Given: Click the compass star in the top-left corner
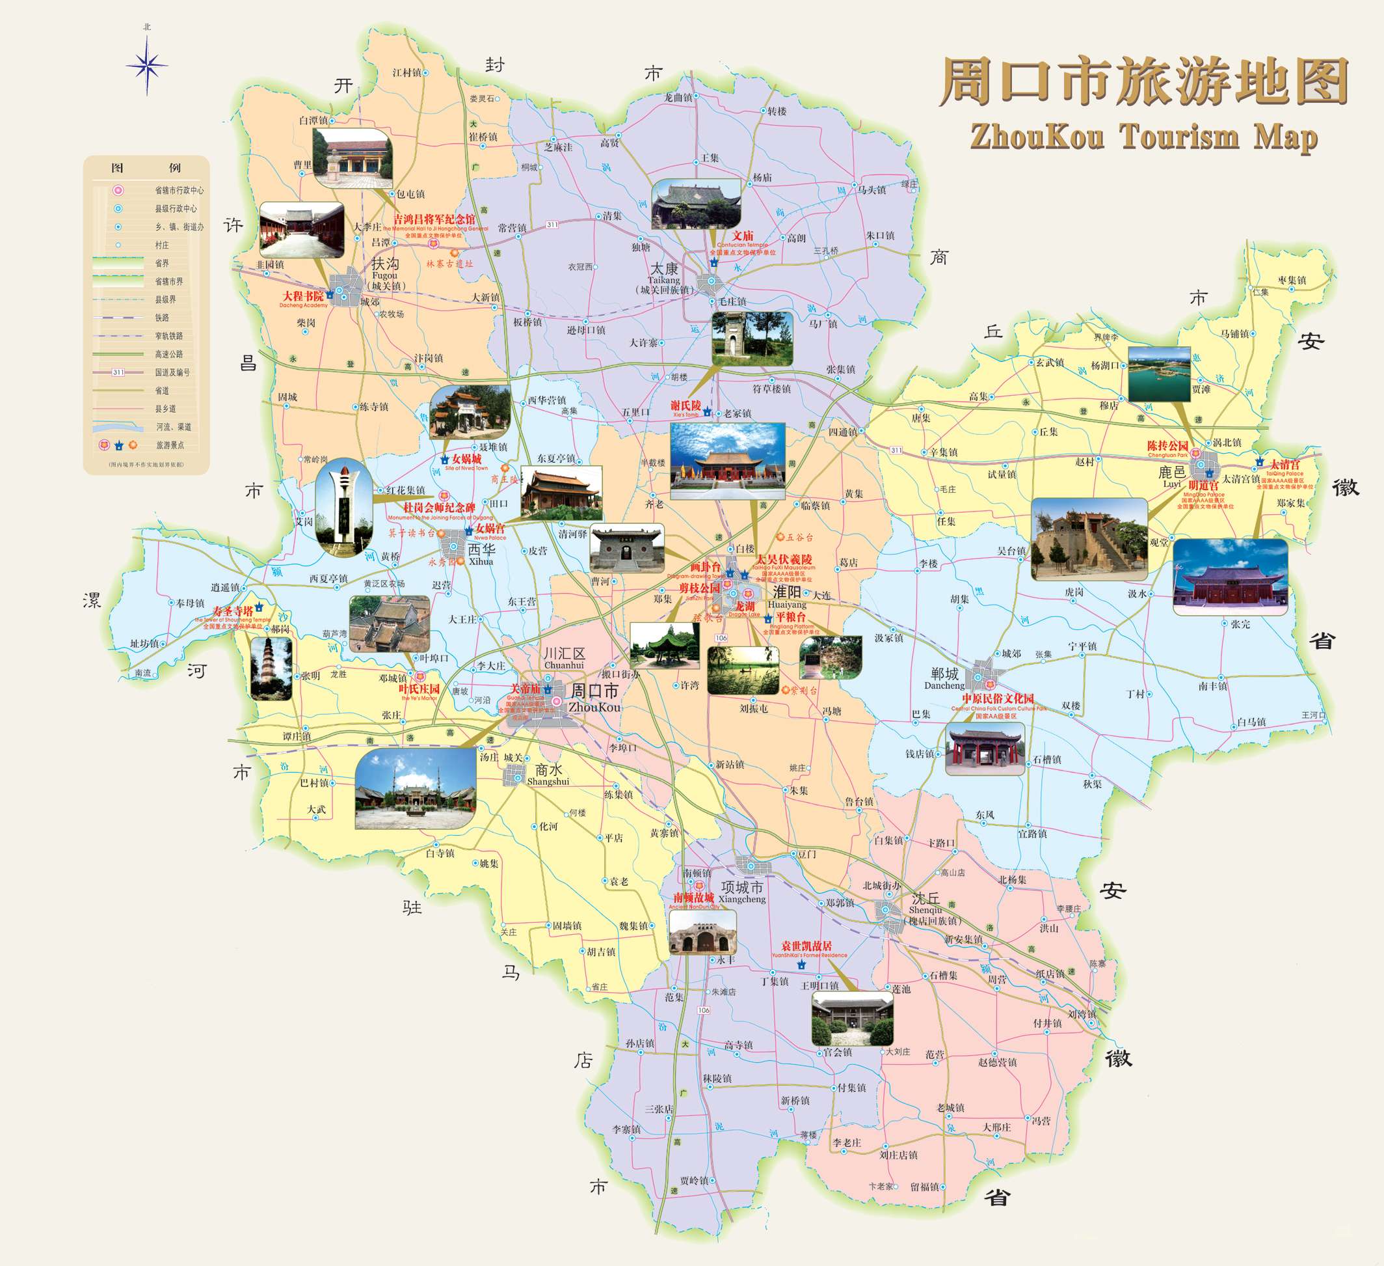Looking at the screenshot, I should [147, 66].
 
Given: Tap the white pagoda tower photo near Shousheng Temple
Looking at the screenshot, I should [271, 668].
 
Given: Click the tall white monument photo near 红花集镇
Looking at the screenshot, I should [343, 507].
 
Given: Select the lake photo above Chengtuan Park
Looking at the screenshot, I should [1159, 374].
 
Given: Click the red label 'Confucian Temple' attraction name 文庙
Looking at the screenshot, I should [742, 236].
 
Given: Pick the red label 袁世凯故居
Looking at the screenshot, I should [806, 946].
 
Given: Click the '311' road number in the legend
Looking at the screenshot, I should [118, 372].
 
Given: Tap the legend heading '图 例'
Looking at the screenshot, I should [146, 168].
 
